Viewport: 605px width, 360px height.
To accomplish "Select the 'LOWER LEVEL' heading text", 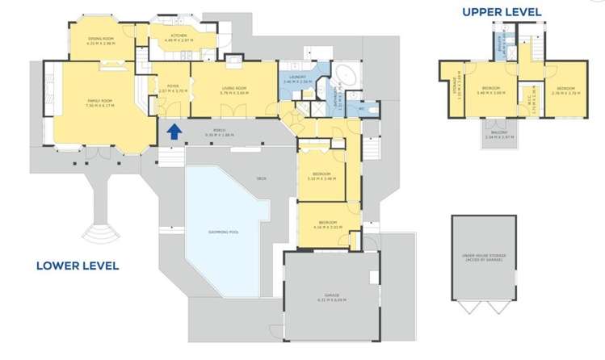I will pyautogui.click(x=78, y=266).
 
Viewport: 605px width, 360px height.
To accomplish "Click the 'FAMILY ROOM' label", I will pyautogui.click(x=99, y=101).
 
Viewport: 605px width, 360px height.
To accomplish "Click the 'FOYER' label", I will pyautogui.click(x=172, y=86).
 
